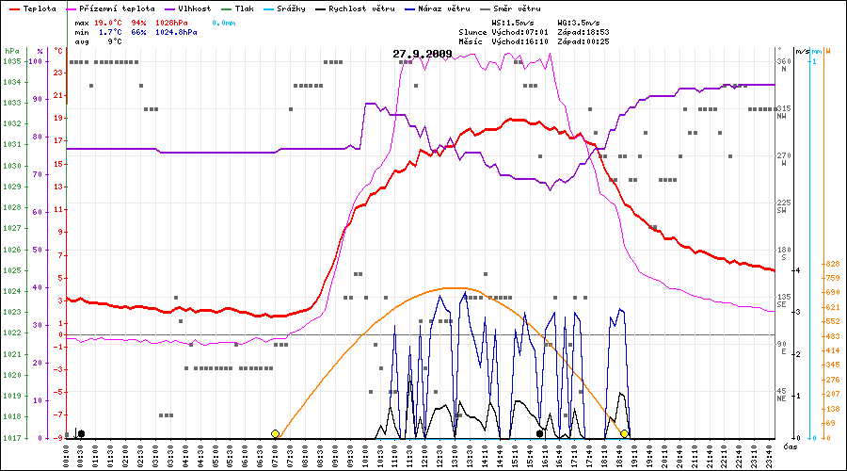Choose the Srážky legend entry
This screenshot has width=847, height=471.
coord(291,8)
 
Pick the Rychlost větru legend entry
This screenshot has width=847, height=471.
coord(353,8)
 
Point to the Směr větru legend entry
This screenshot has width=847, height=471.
coord(510,8)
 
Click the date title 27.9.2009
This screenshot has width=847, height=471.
coord(423,54)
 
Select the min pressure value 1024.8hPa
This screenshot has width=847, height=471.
coord(176,31)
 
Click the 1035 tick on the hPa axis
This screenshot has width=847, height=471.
coord(11,61)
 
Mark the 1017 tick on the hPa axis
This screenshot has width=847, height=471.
coord(11,438)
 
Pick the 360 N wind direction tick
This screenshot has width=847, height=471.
coord(782,61)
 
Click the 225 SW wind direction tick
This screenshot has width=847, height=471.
coord(782,203)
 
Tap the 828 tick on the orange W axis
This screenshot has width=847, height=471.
coord(831,265)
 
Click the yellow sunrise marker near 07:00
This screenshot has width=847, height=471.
coord(275,433)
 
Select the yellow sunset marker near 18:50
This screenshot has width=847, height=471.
coord(624,433)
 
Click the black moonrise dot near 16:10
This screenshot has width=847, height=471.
coord(540,433)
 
